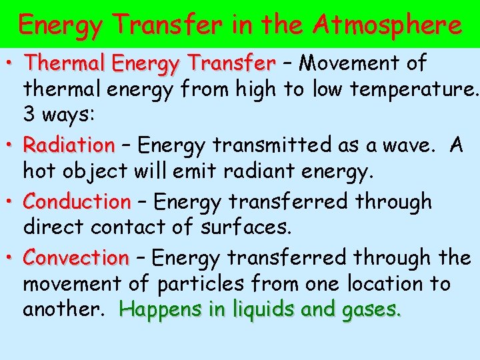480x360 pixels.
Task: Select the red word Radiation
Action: pos(69,145)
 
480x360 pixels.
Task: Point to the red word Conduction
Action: pos(77,201)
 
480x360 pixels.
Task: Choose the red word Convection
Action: pos(76,257)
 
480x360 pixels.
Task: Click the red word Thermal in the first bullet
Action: pos(65,64)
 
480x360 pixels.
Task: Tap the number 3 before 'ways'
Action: pos(30,114)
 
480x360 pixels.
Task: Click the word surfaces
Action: pos(246,227)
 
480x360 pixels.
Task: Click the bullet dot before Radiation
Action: pos(13,144)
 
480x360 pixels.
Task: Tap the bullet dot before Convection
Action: pos(13,256)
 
